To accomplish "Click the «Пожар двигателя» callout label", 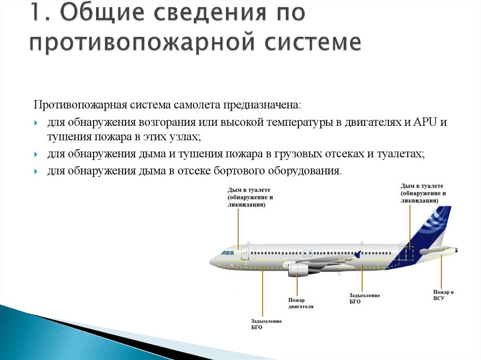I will click(x=301, y=303).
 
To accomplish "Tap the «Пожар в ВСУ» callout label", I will click(x=443, y=295).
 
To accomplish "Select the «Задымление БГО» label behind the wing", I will click(x=364, y=299).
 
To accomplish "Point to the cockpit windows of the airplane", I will click(x=227, y=253).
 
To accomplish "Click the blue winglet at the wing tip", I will click(x=358, y=254).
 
